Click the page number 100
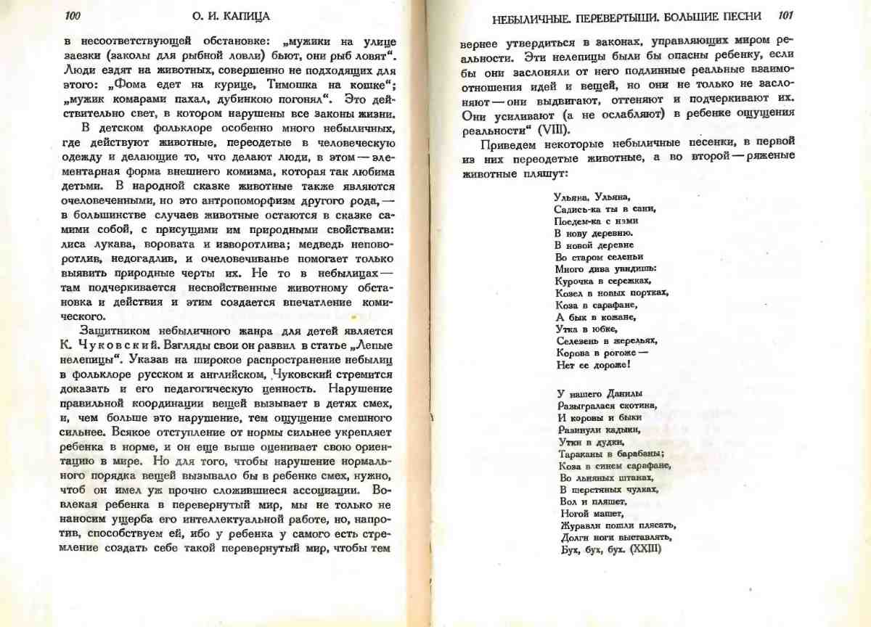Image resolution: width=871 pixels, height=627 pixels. point(73,16)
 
